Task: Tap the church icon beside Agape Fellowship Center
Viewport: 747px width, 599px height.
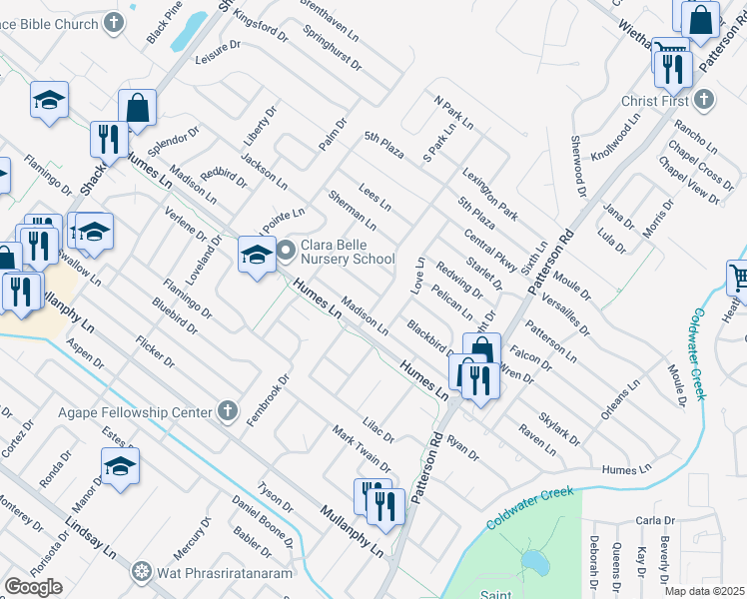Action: (x=228, y=411)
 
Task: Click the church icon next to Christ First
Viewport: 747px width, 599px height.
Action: (x=704, y=100)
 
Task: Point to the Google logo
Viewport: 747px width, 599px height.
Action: (x=34, y=587)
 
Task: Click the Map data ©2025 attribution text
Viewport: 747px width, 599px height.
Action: (x=705, y=591)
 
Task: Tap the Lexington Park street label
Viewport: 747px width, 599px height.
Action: (x=489, y=194)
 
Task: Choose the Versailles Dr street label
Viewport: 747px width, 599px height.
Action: (x=565, y=309)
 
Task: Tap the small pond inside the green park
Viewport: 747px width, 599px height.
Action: (x=535, y=562)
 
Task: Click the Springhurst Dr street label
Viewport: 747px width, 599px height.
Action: (x=334, y=44)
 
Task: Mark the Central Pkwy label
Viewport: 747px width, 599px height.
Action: (x=490, y=251)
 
